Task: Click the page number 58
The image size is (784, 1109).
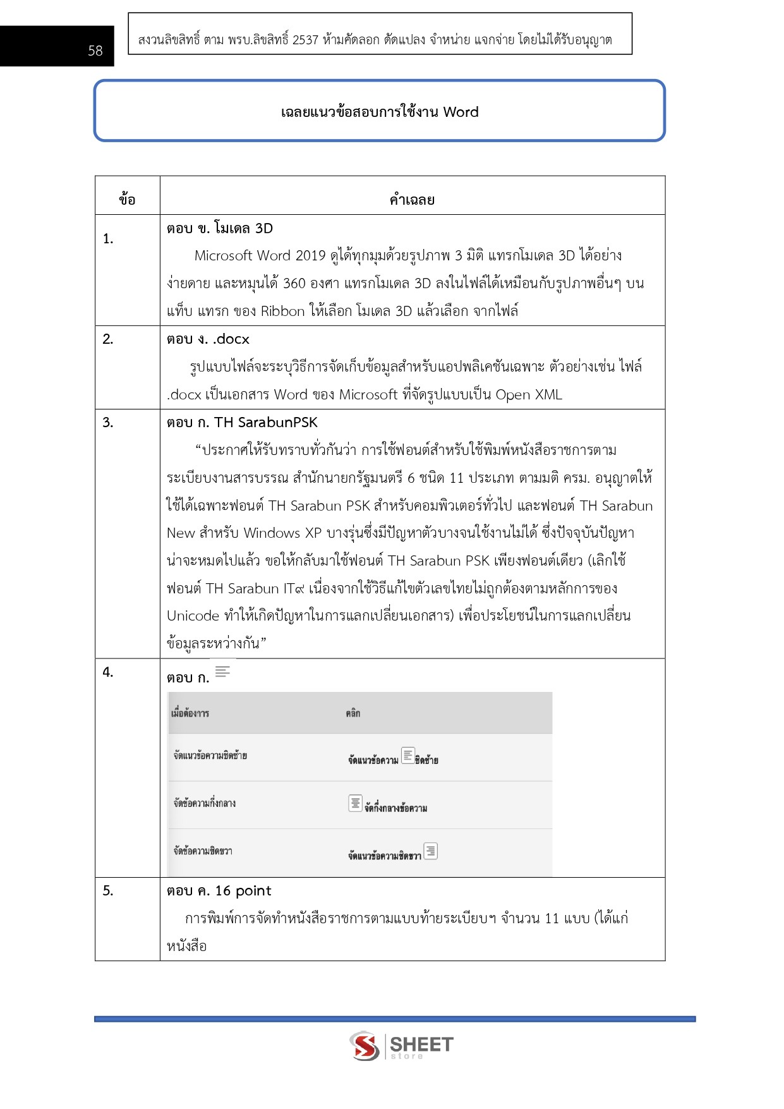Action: [95, 51]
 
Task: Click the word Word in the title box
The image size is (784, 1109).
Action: [461, 112]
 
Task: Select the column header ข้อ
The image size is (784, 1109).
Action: [127, 200]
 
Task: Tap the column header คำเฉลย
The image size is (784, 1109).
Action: [412, 200]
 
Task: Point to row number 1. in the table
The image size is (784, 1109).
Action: [108, 239]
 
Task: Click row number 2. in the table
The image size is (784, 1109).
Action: [108, 339]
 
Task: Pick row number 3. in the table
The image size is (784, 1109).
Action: [108, 423]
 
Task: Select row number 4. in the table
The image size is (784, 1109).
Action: [108, 672]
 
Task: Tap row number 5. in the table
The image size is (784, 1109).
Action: [108, 891]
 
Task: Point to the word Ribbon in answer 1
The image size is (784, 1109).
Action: [282, 312]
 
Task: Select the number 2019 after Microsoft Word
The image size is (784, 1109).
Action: [310, 256]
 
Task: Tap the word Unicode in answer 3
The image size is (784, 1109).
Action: [193, 616]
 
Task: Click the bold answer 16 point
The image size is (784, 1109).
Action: [243, 891]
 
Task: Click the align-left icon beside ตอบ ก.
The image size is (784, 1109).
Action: [222, 671]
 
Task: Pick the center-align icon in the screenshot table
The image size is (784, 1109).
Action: [356, 803]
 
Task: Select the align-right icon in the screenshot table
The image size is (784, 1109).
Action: [431, 851]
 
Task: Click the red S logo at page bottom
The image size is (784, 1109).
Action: [365, 1046]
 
